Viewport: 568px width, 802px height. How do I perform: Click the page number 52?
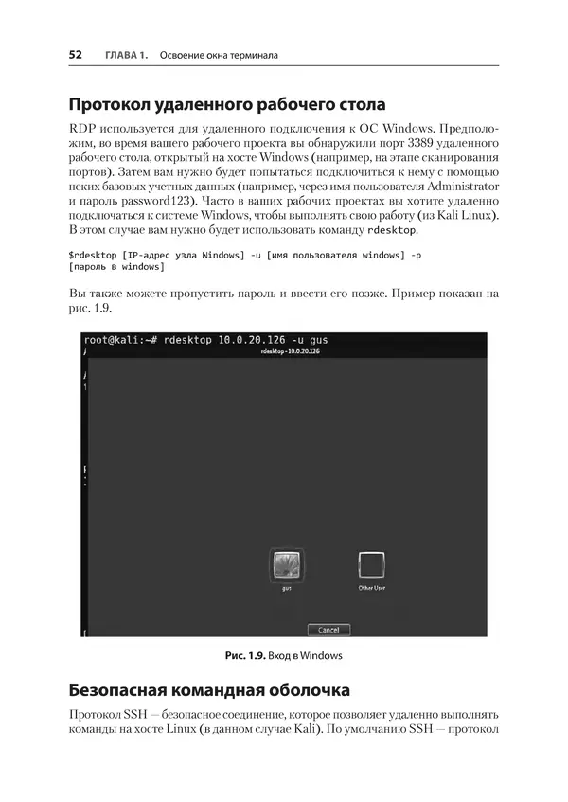[x=76, y=55]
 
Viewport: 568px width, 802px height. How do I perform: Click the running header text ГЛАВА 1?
[x=119, y=55]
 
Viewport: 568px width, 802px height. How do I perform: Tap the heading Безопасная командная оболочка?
[x=210, y=688]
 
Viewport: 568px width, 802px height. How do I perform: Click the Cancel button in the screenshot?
[x=328, y=630]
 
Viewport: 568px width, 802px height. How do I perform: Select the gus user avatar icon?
[x=285, y=565]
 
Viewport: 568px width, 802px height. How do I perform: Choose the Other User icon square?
[x=370, y=565]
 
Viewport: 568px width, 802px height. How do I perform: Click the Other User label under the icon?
[x=371, y=589]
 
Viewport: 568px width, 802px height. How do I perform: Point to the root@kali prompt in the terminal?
[x=117, y=339]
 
